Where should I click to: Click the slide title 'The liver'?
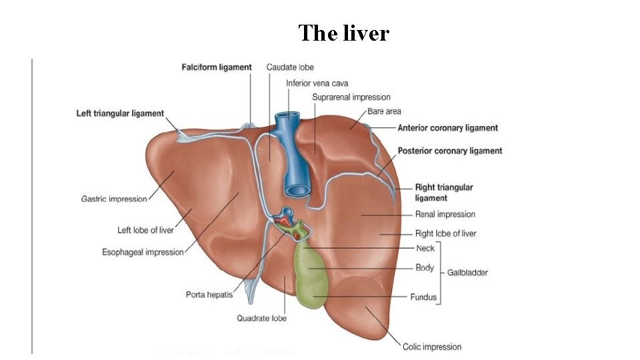(x=343, y=33)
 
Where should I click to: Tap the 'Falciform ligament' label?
(x=217, y=67)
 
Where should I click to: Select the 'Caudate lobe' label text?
(x=290, y=67)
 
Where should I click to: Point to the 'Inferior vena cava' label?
(x=317, y=83)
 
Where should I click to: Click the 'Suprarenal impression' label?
(x=351, y=97)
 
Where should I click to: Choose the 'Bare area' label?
(x=385, y=111)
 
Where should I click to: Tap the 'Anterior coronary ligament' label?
(x=448, y=128)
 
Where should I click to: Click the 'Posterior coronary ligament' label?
(x=450, y=151)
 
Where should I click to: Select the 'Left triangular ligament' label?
(x=120, y=114)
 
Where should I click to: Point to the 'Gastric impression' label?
(x=114, y=199)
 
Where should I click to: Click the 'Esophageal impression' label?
(x=143, y=252)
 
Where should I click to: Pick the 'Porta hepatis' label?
(x=209, y=295)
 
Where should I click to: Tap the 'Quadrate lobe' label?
(x=262, y=318)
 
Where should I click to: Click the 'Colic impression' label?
(x=432, y=347)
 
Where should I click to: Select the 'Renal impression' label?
(x=445, y=215)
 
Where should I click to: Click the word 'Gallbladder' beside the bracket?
(x=467, y=273)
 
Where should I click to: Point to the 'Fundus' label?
(x=423, y=297)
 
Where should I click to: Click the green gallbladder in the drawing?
(x=309, y=277)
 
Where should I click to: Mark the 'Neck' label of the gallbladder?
(x=425, y=248)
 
